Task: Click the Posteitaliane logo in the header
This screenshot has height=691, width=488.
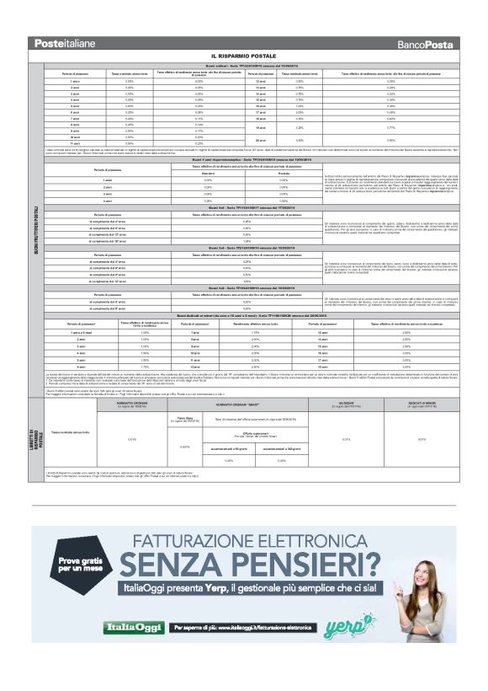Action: [x=65, y=42]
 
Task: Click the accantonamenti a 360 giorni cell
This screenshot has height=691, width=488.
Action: [x=282, y=447]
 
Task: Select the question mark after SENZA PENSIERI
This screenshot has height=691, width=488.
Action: [x=368, y=563]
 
